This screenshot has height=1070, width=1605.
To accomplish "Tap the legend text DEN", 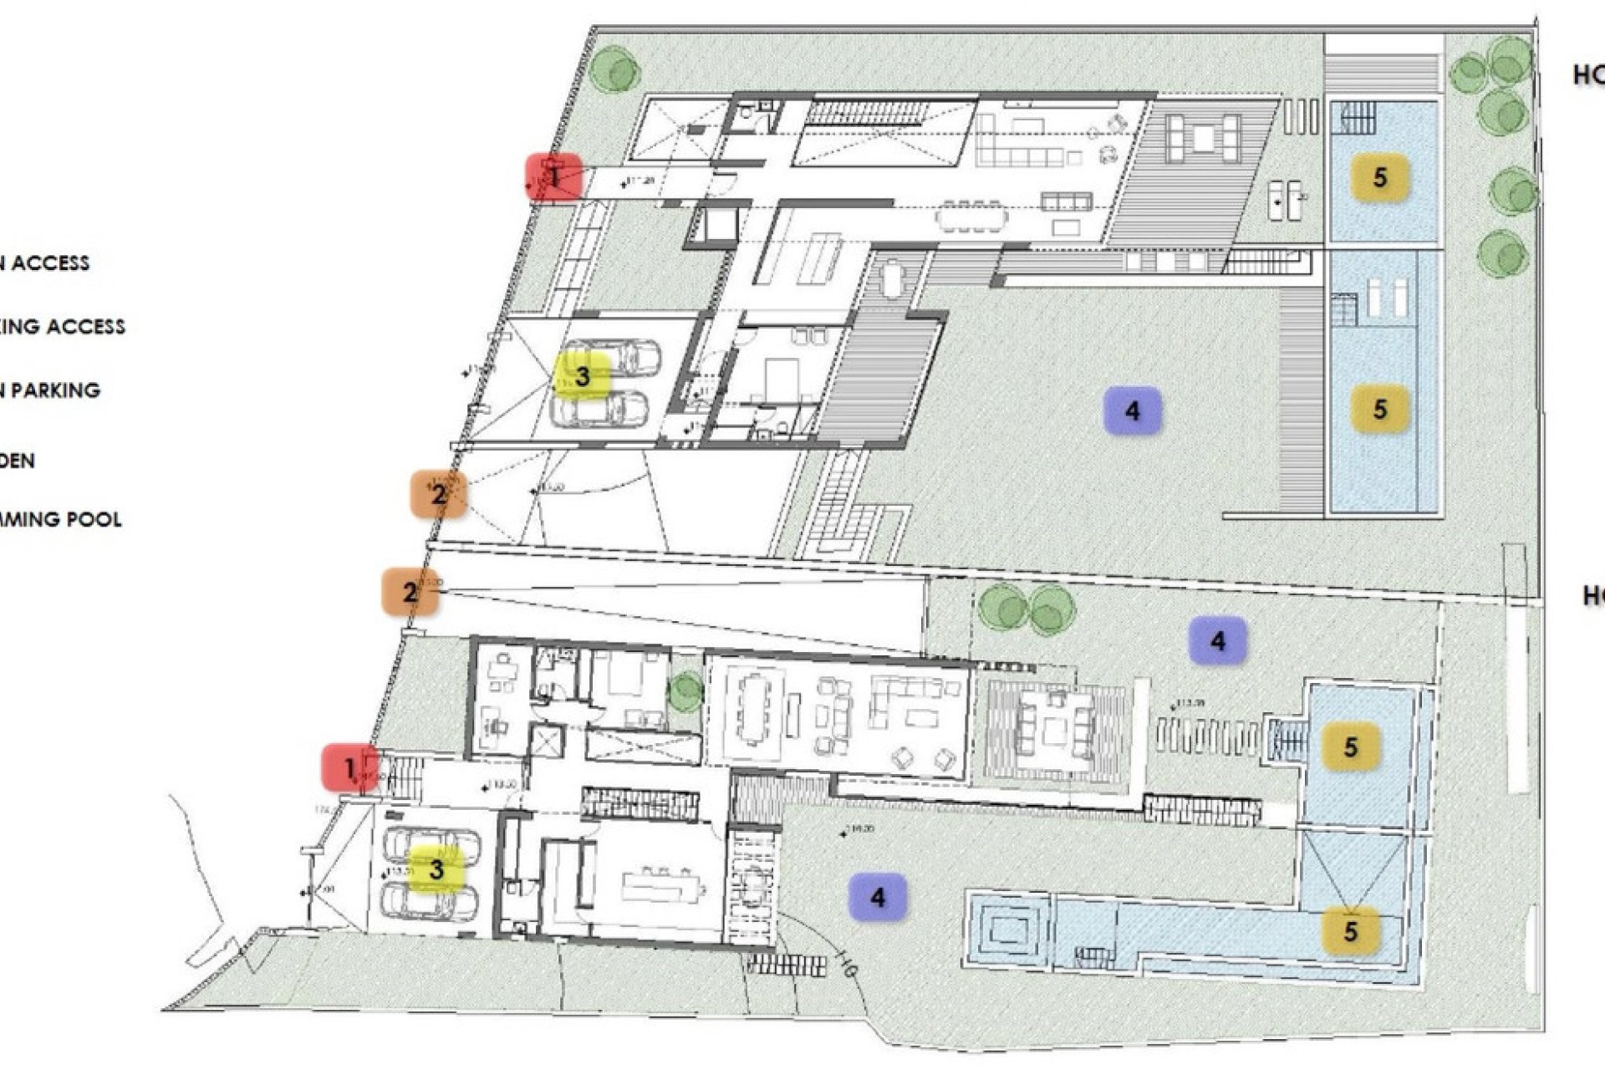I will click(x=17, y=461).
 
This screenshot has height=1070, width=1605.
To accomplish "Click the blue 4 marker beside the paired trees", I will click(x=1217, y=641).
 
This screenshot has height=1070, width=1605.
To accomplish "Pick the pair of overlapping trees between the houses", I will click(x=1027, y=607).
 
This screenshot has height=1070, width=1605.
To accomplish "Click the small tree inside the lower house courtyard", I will click(x=685, y=691).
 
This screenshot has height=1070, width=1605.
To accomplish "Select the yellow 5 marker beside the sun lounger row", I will click(x=1350, y=746).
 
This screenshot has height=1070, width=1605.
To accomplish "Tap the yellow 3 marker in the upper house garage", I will click(x=583, y=377).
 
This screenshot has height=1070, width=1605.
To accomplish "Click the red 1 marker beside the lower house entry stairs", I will click(x=350, y=767).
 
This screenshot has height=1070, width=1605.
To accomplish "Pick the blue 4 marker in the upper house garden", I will click(x=1132, y=410).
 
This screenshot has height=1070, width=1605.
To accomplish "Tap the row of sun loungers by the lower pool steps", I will click(x=1207, y=739).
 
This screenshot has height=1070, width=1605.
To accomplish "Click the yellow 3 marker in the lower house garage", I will click(x=436, y=869).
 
